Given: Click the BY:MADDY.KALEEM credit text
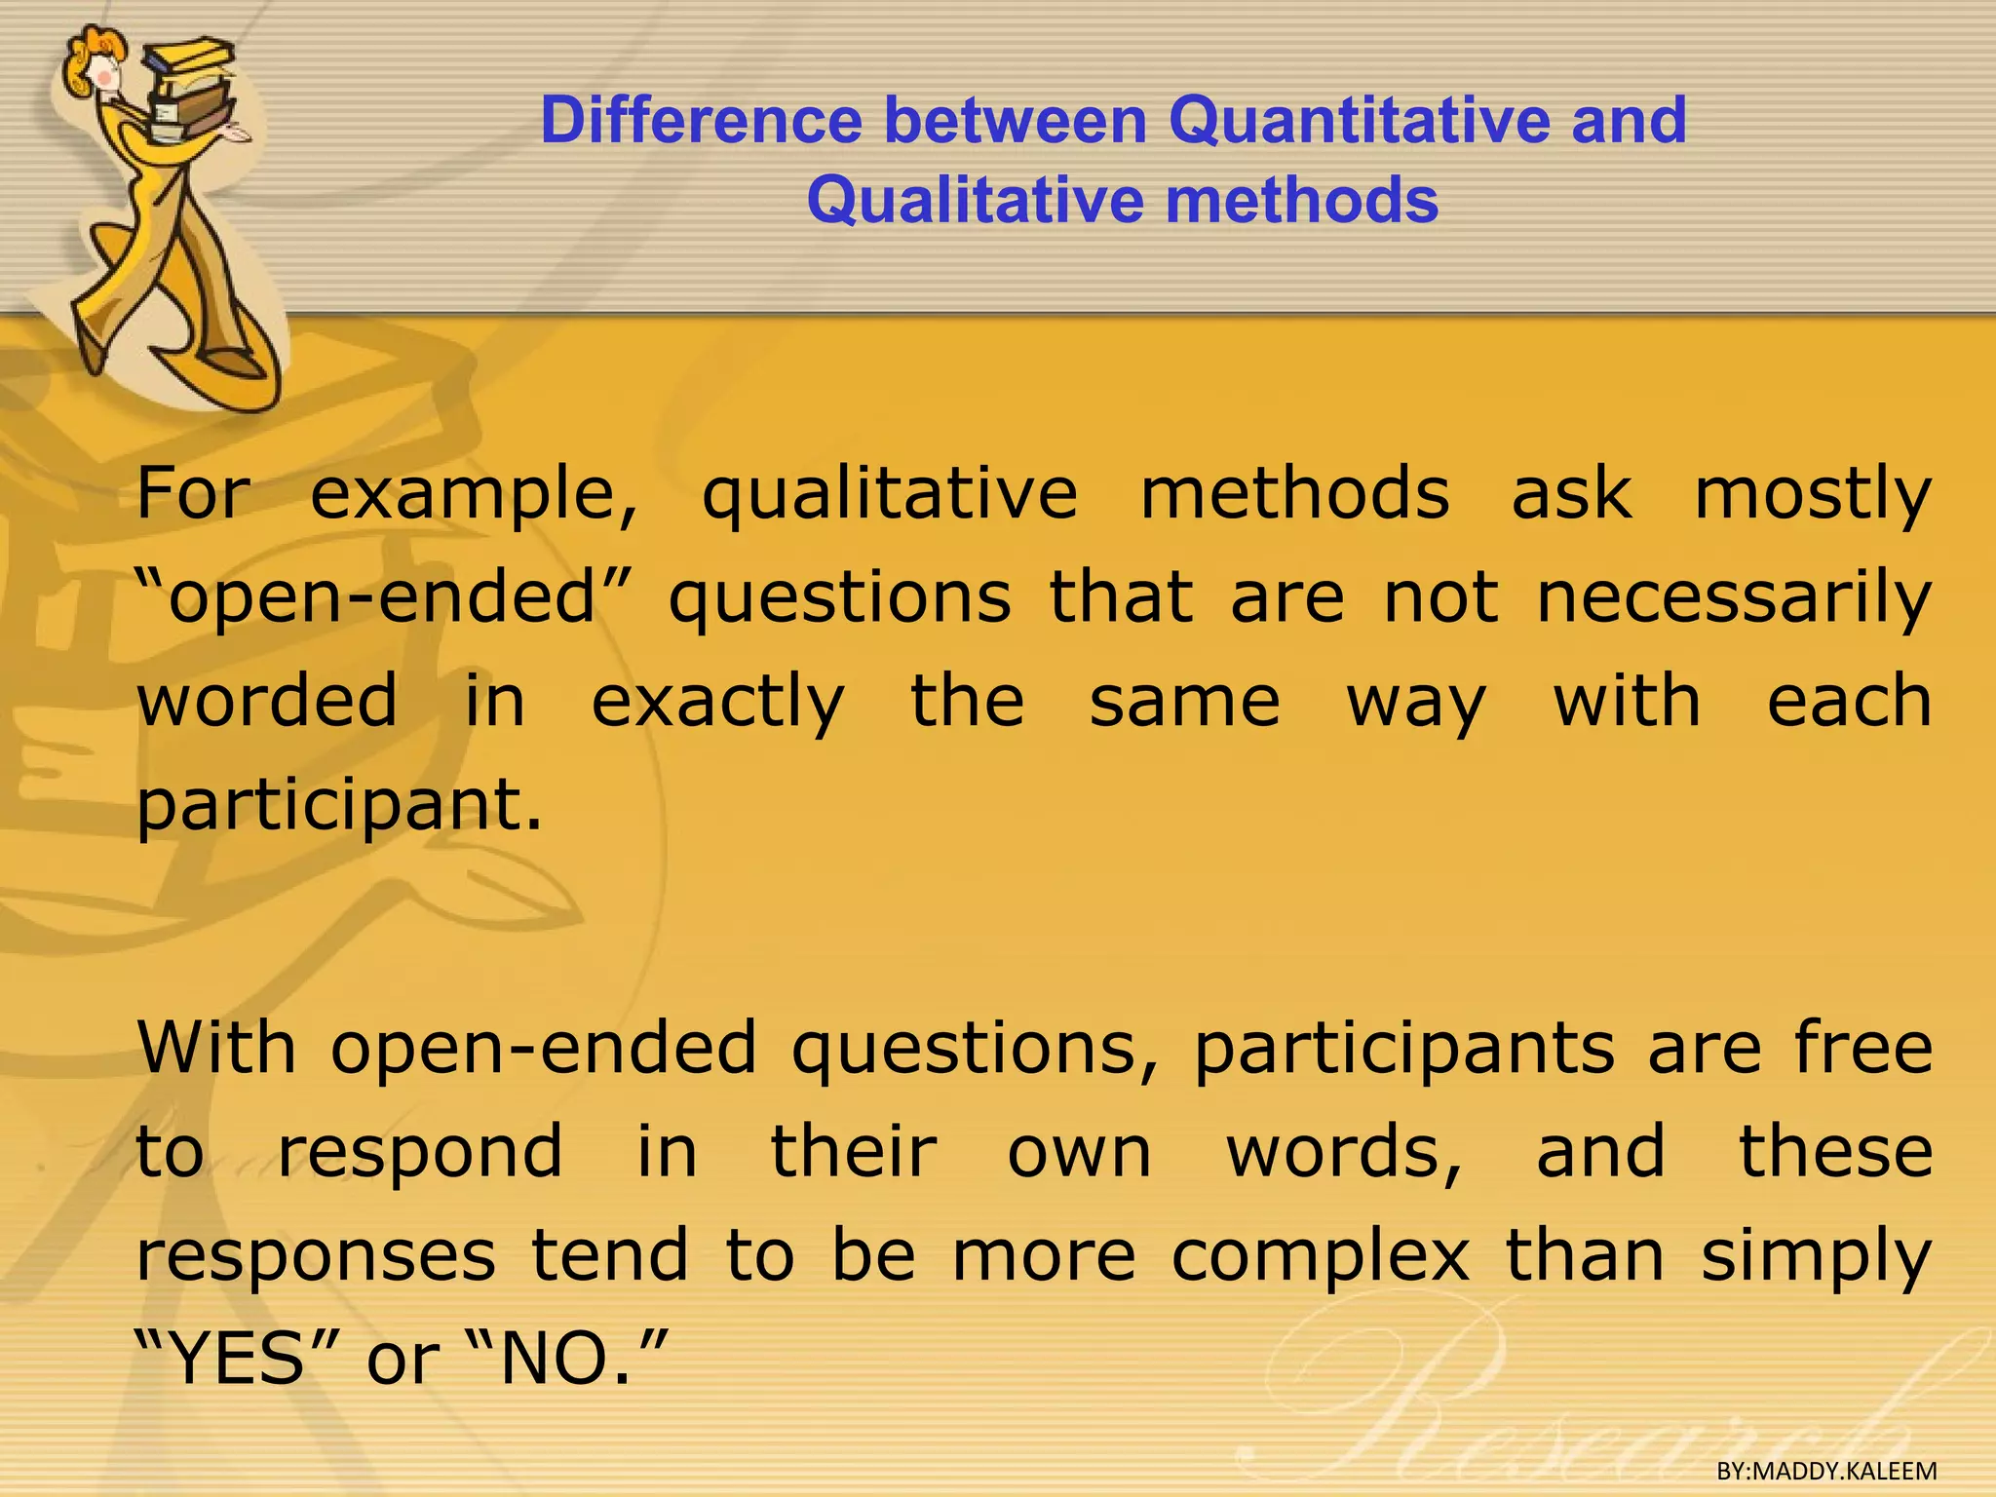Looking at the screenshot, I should [x=1826, y=1471].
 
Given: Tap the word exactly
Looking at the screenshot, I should [x=717, y=702].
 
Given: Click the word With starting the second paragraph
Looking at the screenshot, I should [x=216, y=1048].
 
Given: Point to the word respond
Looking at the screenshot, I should [x=420, y=1152].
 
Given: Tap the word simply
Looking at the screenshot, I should [x=1816, y=1257].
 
